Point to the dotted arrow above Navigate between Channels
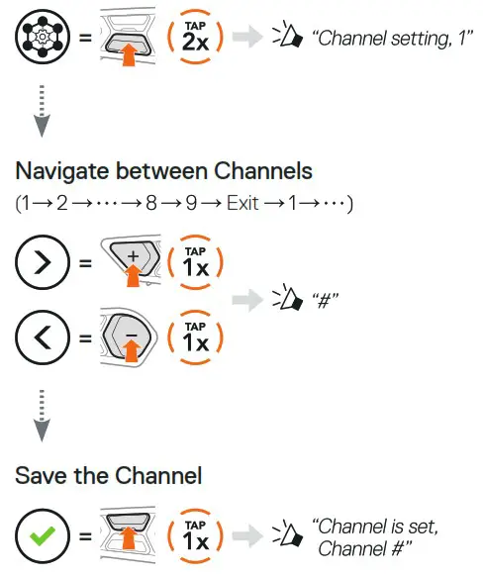click(41, 110)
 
